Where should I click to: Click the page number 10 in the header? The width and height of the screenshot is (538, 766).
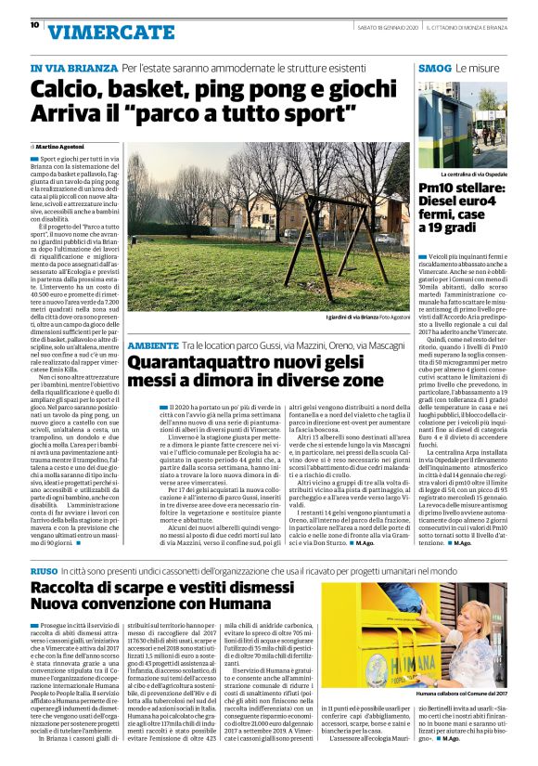(x=34, y=25)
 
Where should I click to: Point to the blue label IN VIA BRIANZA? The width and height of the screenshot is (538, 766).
(x=73, y=69)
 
